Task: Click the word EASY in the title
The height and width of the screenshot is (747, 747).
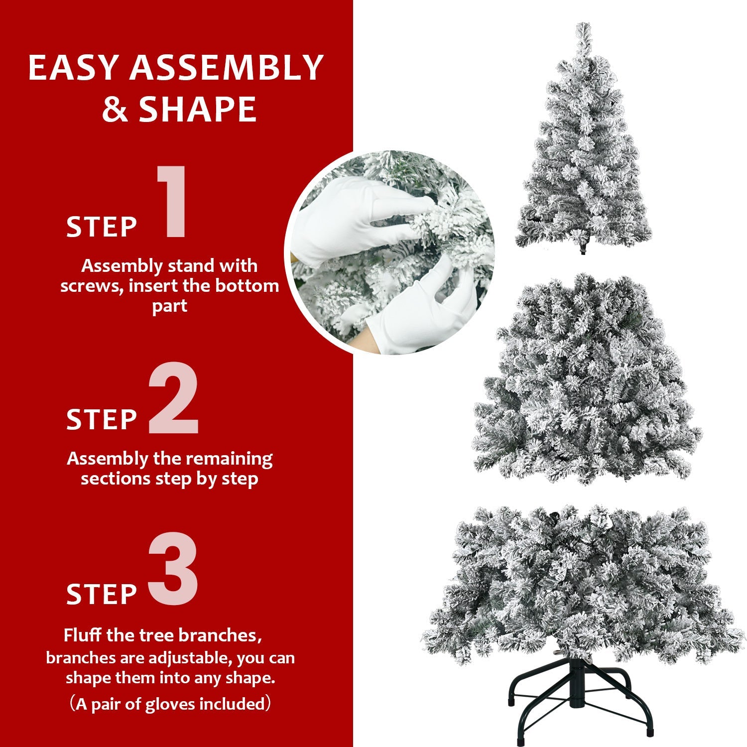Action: point(75,68)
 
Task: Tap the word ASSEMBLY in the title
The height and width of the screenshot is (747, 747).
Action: point(227,68)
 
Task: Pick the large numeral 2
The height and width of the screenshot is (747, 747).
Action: point(173,398)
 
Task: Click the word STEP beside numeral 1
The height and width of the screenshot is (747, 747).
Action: point(102,227)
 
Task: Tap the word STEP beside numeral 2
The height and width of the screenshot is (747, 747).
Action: point(102,419)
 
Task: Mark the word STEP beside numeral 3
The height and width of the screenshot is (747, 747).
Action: point(102,594)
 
